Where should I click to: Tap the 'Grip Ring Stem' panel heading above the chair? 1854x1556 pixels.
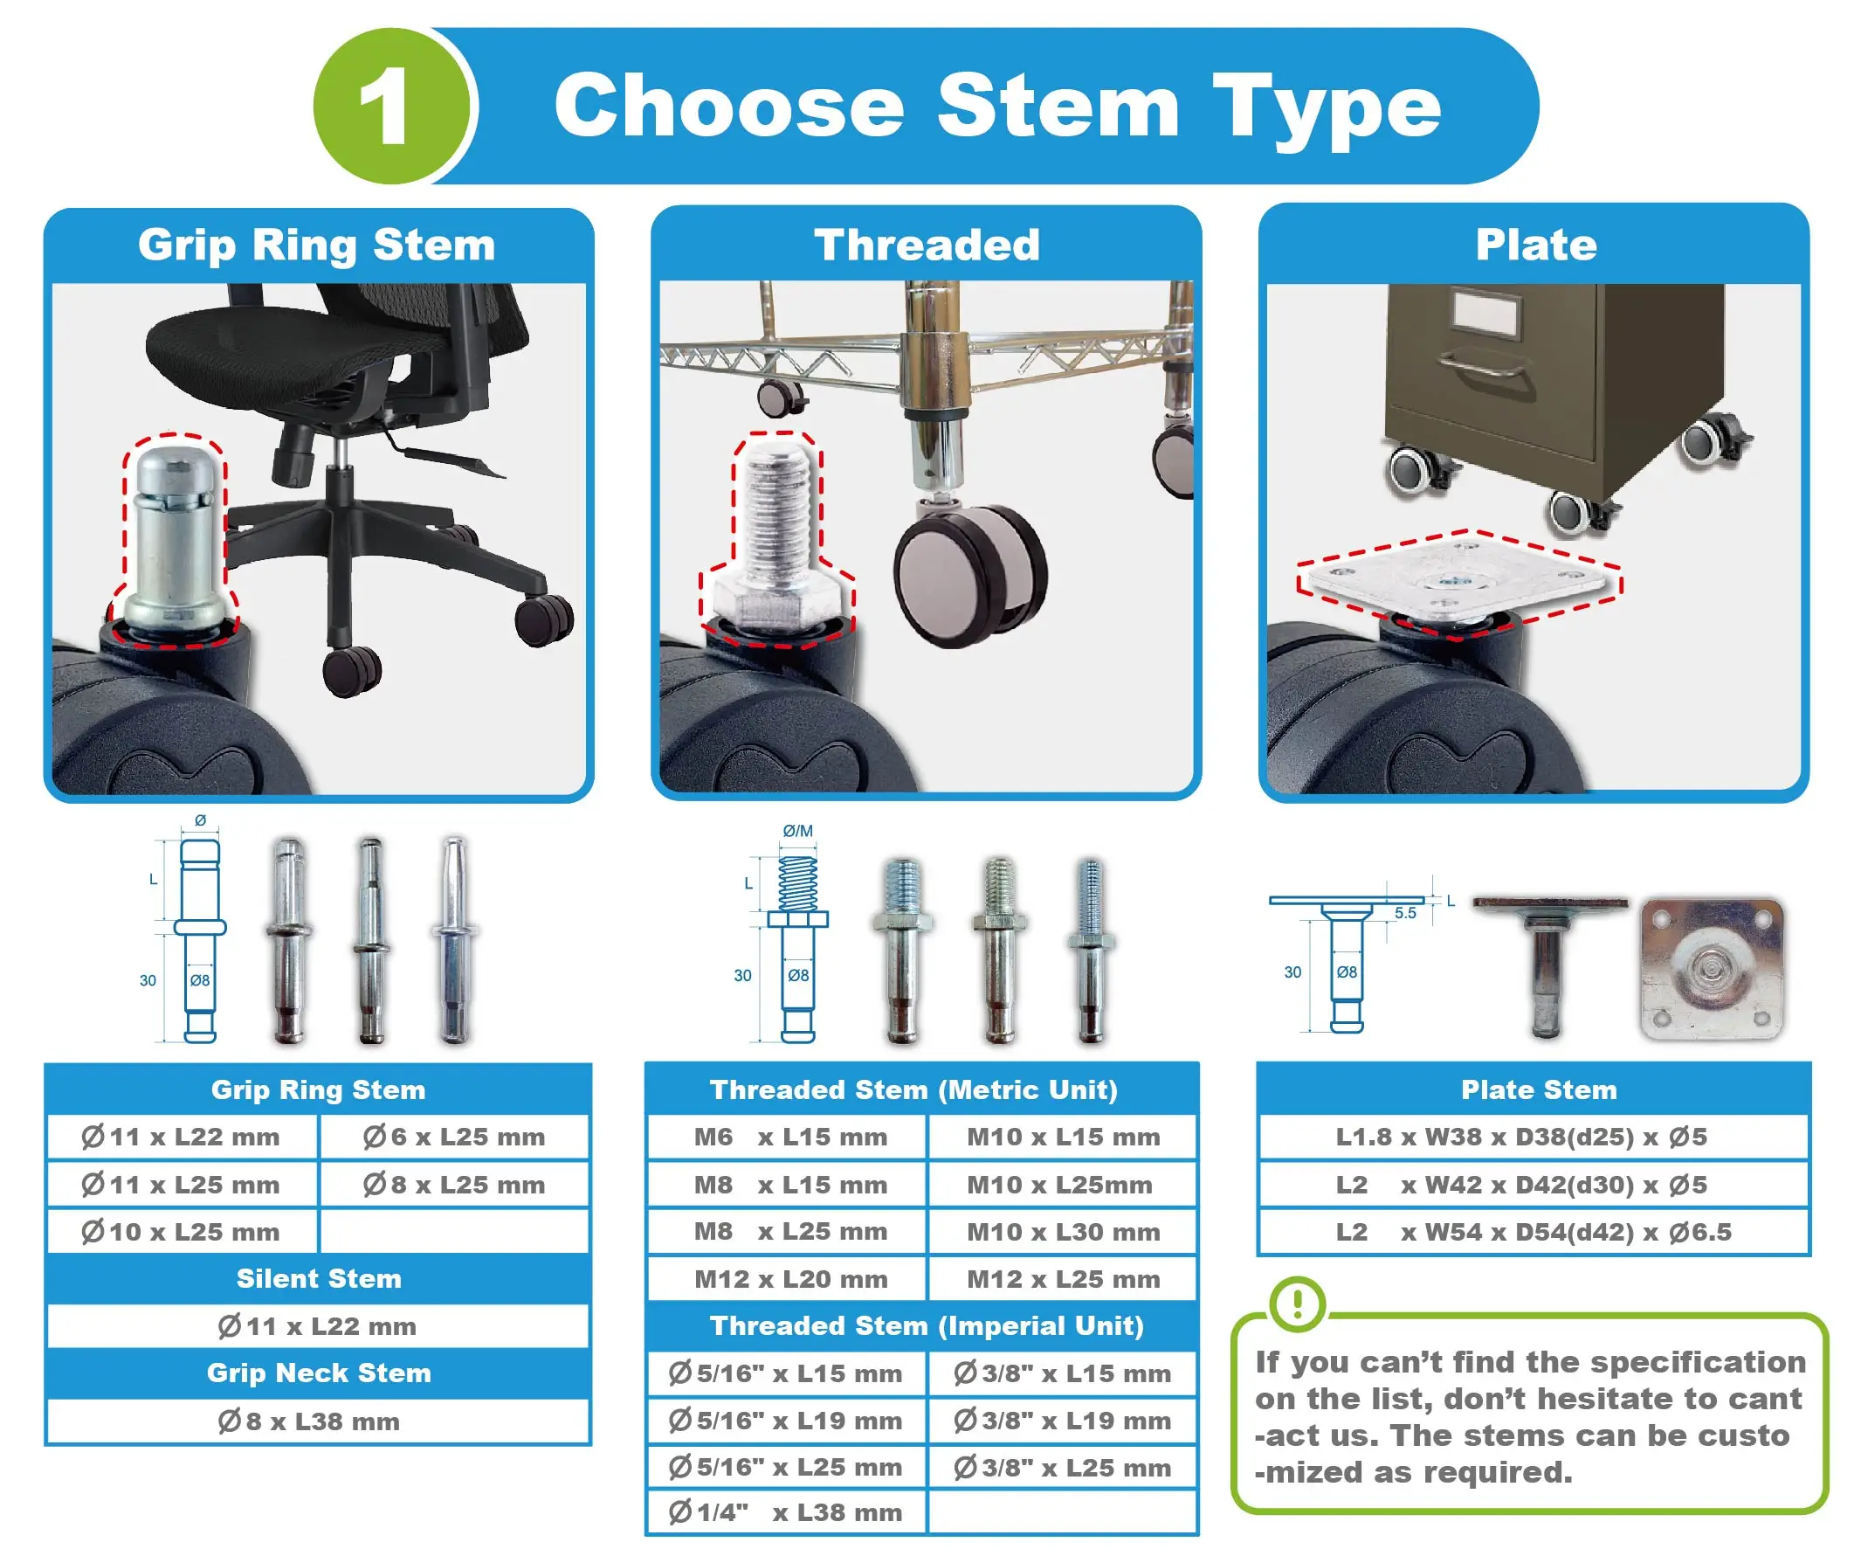coord(317,245)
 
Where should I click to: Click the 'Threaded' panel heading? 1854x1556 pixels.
coord(927,245)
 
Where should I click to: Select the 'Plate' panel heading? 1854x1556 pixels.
coord(1536,245)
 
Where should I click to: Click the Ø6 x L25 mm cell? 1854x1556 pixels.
coord(454,1137)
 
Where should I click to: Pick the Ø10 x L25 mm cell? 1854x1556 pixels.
coord(182,1231)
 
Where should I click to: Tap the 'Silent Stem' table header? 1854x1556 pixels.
coord(319,1279)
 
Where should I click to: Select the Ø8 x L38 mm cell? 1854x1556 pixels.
coord(319,1421)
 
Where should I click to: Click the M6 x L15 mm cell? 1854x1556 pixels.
coord(789,1137)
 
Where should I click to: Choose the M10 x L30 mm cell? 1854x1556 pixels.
coord(1063,1231)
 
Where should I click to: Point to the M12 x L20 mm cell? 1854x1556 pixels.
coord(789,1279)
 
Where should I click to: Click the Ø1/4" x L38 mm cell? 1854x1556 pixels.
coord(789,1511)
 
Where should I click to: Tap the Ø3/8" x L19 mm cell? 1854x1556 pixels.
coord(1063,1420)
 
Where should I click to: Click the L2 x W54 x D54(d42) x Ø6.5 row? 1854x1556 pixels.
coord(1534,1231)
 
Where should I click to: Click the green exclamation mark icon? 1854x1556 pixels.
coord(1297,1304)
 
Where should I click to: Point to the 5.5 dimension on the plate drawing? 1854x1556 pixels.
coord(1404,913)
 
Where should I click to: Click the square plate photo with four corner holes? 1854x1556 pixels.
coord(1712,970)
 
